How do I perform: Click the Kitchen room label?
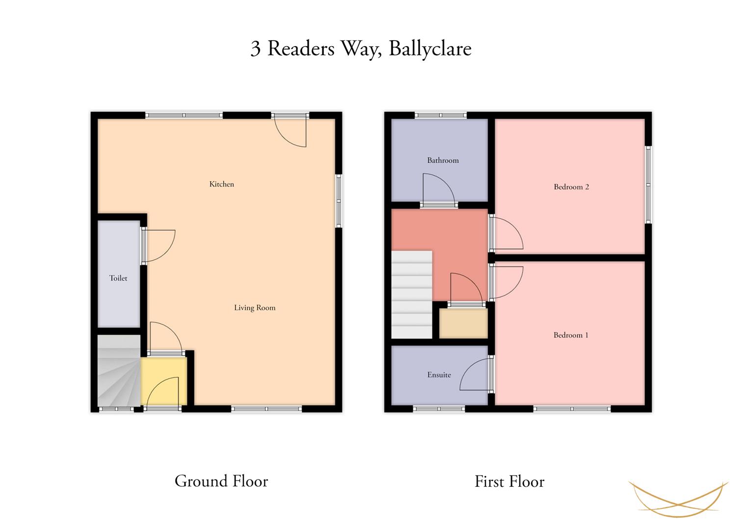[222, 184]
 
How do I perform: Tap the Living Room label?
[255, 308]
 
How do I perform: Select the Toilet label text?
[118, 278]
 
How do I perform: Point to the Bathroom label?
[443, 160]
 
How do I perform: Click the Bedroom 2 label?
[571, 186]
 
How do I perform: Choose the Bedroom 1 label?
[571, 335]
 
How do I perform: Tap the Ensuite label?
[439, 375]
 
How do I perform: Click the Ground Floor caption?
[221, 481]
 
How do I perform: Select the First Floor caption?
[509, 481]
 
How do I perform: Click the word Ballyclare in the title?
[430, 49]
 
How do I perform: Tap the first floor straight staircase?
[411, 294]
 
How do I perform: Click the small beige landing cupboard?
[463, 323]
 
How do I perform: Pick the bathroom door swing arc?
[438, 188]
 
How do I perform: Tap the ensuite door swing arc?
[475, 375]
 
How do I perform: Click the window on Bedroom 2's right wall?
[648, 185]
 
